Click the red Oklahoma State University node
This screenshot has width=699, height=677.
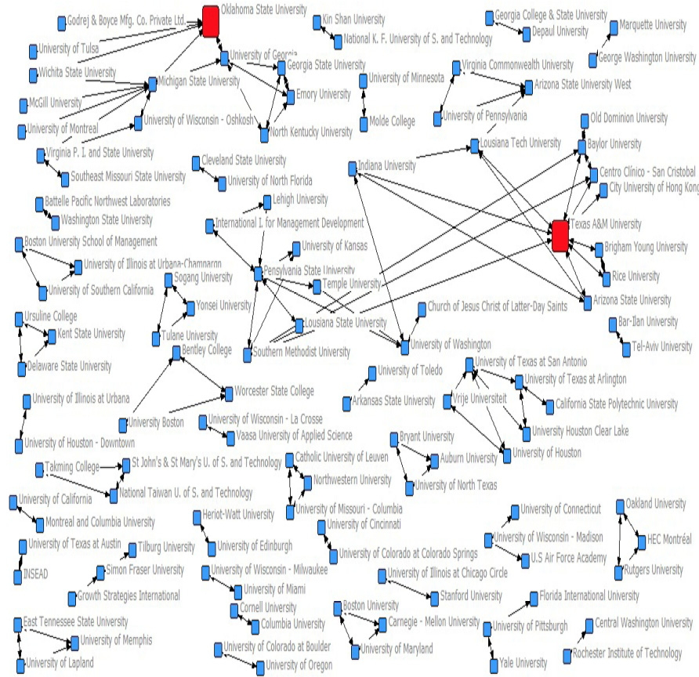210,21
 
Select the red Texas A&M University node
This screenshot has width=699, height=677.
560,236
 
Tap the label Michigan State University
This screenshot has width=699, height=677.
199,81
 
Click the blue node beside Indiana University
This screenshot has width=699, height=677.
352,167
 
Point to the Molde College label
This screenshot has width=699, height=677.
392,121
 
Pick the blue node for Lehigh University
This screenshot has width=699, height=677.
266,201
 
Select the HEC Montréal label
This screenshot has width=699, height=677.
670,539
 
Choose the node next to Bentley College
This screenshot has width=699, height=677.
176,355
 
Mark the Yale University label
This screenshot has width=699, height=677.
523,663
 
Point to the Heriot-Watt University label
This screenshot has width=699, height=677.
238,515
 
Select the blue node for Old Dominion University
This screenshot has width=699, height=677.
584,120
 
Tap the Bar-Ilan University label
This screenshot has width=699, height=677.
648,322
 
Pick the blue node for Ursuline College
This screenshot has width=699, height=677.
18,317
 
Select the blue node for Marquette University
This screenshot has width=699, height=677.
614,27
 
